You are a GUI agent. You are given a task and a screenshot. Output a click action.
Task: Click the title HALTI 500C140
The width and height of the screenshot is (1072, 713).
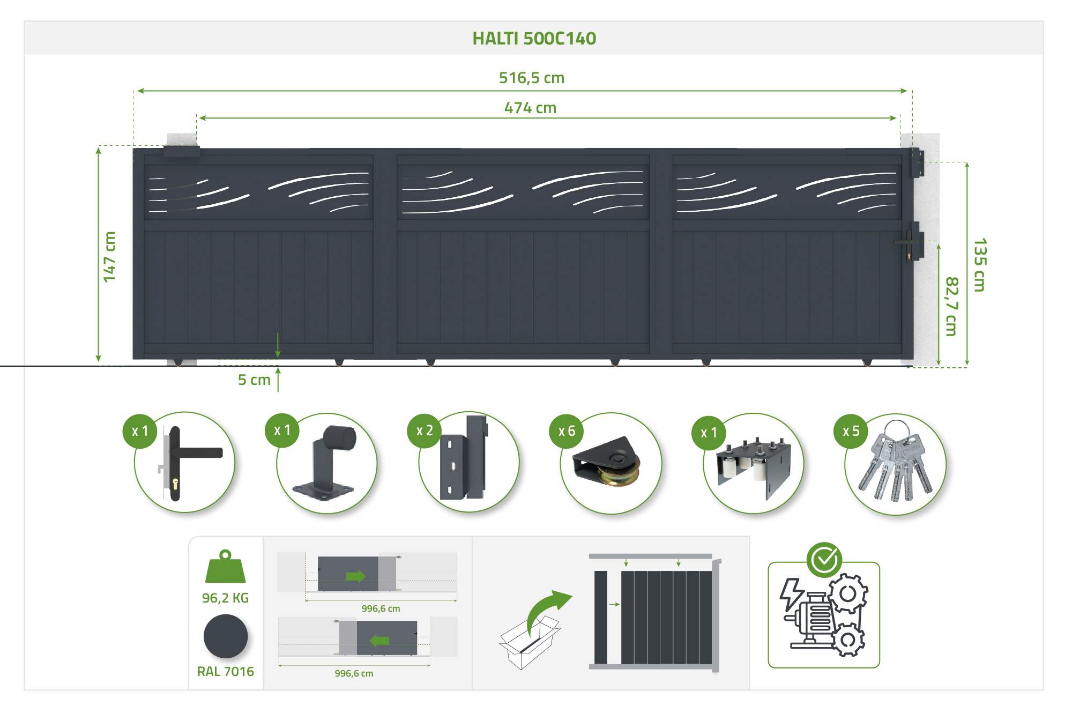click(x=534, y=39)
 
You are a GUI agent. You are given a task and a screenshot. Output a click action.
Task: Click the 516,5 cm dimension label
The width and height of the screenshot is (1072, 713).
click(x=532, y=78)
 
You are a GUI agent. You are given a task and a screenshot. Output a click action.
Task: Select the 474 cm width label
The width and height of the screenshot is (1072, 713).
click(x=530, y=108)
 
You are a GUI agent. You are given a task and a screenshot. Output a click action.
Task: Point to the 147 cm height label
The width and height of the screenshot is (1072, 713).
click(x=109, y=257)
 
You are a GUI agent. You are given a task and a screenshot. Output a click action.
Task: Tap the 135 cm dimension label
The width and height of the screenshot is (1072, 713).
click(x=980, y=265)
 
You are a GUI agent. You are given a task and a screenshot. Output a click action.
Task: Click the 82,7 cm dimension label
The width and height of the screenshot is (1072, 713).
click(x=951, y=306)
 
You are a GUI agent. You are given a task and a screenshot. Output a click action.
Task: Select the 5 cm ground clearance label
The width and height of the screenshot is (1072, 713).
click(x=254, y=380)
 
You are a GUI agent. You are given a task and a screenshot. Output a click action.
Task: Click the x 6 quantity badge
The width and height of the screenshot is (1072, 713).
click(x=567, y=431)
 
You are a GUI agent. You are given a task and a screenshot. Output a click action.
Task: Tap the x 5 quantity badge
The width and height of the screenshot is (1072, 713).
click(x=851, y=431)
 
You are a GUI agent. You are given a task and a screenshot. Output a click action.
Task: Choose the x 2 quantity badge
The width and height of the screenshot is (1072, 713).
click(x=425, y=430)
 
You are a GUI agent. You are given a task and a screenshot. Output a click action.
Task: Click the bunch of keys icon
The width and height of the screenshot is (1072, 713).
click(x=895, y=462)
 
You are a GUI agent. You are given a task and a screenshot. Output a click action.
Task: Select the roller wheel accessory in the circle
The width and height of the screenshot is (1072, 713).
click(x=606, y=462)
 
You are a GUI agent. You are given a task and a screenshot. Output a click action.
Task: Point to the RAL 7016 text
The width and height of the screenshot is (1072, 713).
click(x=226, y=671)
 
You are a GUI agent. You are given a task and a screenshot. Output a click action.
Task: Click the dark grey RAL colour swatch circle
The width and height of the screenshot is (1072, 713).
click(x=226, y=636)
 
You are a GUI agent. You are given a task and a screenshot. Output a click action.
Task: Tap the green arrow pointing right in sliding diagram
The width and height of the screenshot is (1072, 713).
click(x=355, y=576)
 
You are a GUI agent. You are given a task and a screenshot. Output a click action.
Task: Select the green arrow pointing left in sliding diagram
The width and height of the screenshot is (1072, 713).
click(x=379, y=640)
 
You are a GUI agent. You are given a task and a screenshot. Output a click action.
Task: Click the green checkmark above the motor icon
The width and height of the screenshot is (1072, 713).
click(x=824, y=560)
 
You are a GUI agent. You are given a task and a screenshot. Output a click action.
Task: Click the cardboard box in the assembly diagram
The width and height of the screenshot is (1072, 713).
click(x=530, y=643)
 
